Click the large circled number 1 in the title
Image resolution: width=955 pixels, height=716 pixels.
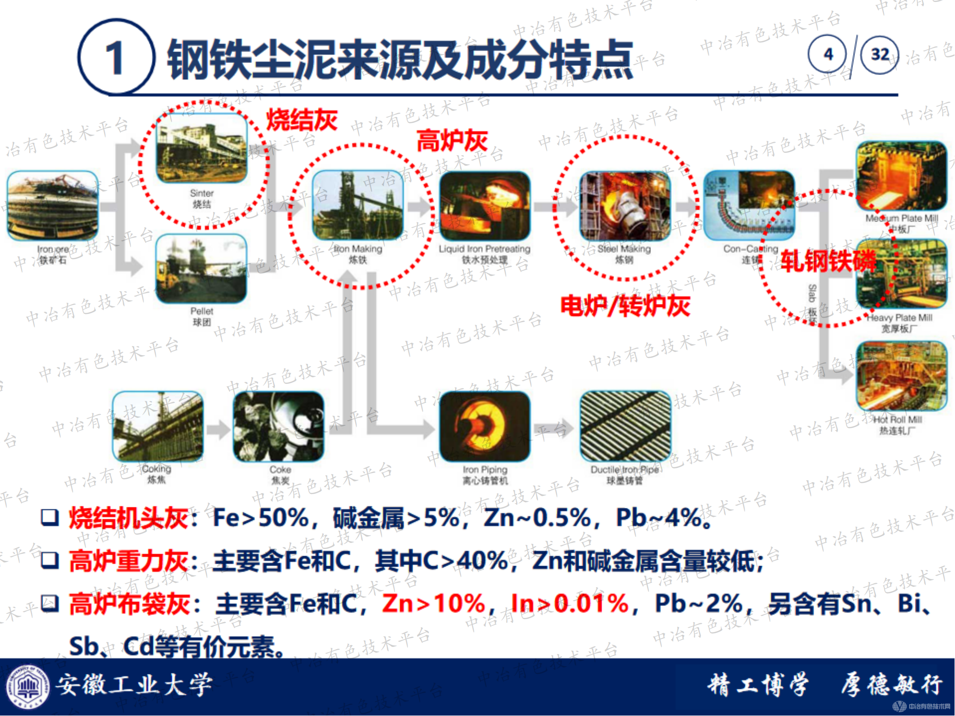(116, 57)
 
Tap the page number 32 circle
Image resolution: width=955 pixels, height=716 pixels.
(879, 54)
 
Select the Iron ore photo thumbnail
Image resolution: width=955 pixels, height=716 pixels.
(53, 205)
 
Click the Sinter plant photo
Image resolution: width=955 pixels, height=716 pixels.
(202, 148)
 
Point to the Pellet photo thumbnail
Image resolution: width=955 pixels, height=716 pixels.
(202, 268)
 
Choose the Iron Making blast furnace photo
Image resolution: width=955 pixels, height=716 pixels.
(358, 205)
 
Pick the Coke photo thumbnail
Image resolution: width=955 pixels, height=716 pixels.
(279, 426)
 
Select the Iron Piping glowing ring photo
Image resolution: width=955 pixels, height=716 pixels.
(485, 426)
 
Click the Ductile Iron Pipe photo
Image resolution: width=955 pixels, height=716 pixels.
(625, 426)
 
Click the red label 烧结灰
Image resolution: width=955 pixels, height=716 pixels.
(302, 119)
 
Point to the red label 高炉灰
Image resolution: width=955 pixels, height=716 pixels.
(452, 141)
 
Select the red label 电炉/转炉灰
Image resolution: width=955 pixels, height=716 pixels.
(625, 306)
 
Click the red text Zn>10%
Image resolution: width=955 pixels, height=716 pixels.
(434, 603)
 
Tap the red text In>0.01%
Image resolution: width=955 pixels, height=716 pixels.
(569, 603)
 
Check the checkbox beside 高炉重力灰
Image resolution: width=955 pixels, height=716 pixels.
(50, 560)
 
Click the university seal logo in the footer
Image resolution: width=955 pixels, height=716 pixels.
(27, 687)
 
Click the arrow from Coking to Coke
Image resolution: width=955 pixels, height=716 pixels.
(218, 429)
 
